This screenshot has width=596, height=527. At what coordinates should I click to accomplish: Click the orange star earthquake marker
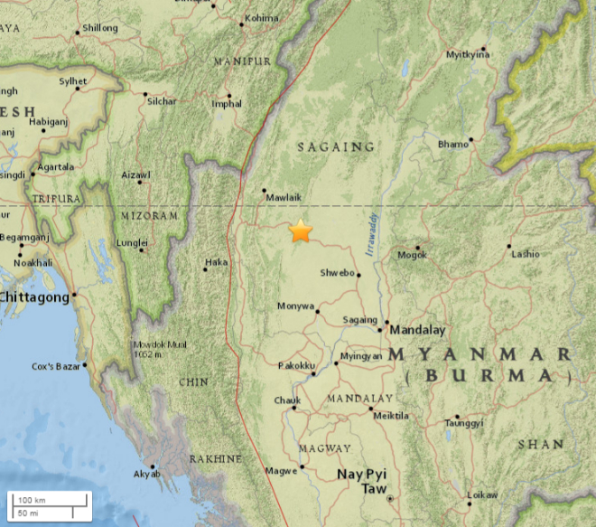tap(300, 231)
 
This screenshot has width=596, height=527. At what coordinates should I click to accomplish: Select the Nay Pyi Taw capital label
tap(361, 481)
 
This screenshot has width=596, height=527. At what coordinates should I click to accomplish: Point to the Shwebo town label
tap(338, 273)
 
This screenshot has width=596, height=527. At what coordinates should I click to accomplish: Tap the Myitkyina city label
tap(468, 55)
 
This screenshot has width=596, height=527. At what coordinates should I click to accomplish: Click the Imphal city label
tap(227, 104)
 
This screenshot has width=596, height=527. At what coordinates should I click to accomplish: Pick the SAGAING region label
tap(336, 146)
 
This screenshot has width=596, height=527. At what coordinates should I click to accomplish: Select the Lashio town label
tap(525, 255)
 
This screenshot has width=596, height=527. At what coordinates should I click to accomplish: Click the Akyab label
tap(144, 474)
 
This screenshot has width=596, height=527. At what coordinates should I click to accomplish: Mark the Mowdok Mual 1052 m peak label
tap(160, 349)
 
